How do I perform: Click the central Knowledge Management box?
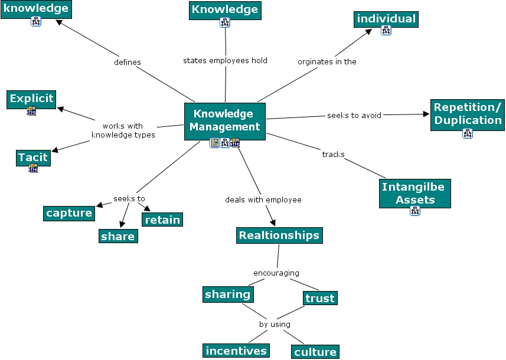(225, 122)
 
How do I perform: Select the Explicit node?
(31, 100)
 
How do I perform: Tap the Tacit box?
(33, 158)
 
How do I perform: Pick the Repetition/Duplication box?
(468, 115)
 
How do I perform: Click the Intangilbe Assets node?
(415, 194)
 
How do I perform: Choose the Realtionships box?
(279, 235)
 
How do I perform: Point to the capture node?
(69, 214)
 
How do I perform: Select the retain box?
(162, 220)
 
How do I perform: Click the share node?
(118, 236)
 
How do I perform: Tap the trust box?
(320, 298)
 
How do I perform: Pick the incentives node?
(236, 351)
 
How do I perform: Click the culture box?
(315, 352)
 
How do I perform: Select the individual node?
(386, 19)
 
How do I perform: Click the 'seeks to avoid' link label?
(354, 116)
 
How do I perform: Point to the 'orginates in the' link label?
(327, 61)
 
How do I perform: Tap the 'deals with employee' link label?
(263, 200)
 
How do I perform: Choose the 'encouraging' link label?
(276, 273)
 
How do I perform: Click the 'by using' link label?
(275, 324)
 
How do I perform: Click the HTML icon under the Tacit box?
(33, 168)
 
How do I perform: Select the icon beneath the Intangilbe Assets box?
(415, 211)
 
